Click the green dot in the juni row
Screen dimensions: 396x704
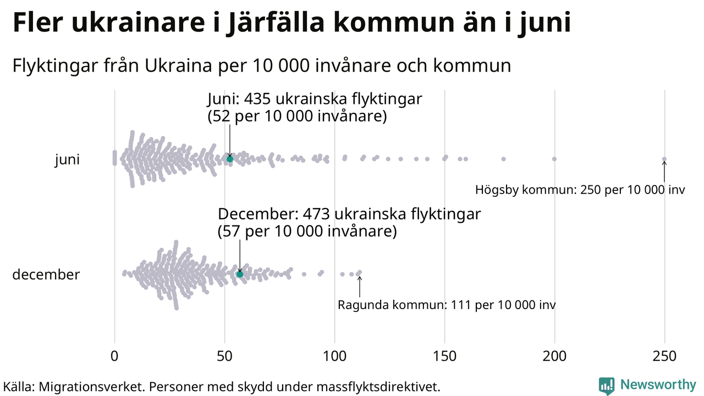tap(230, 159)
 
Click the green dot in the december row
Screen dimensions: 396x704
tap(240, 274)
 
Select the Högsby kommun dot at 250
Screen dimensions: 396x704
tap(664, 159)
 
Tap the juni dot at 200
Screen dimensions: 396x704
tap(554, 159)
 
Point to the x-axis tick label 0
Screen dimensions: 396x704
tap(114, 356)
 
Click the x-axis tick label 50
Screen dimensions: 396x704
tap(224, 356)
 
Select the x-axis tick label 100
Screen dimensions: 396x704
tap(334, 356)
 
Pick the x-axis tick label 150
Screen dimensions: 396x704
tap(444, 356)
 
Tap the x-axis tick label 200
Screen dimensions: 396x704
tap(554, 356)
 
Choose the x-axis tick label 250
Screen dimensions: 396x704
tap(664, 356)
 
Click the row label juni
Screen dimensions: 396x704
tap(67, 160)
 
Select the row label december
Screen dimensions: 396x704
tap(46, 274)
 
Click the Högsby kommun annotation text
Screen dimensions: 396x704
tap(580, 190)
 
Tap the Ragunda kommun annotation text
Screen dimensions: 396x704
tap(447, 305)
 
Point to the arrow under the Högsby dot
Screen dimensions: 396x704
tap(664, 172)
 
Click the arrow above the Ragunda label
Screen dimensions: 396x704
tap(360, 286)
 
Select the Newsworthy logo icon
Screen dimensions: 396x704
tap(607, 386)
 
